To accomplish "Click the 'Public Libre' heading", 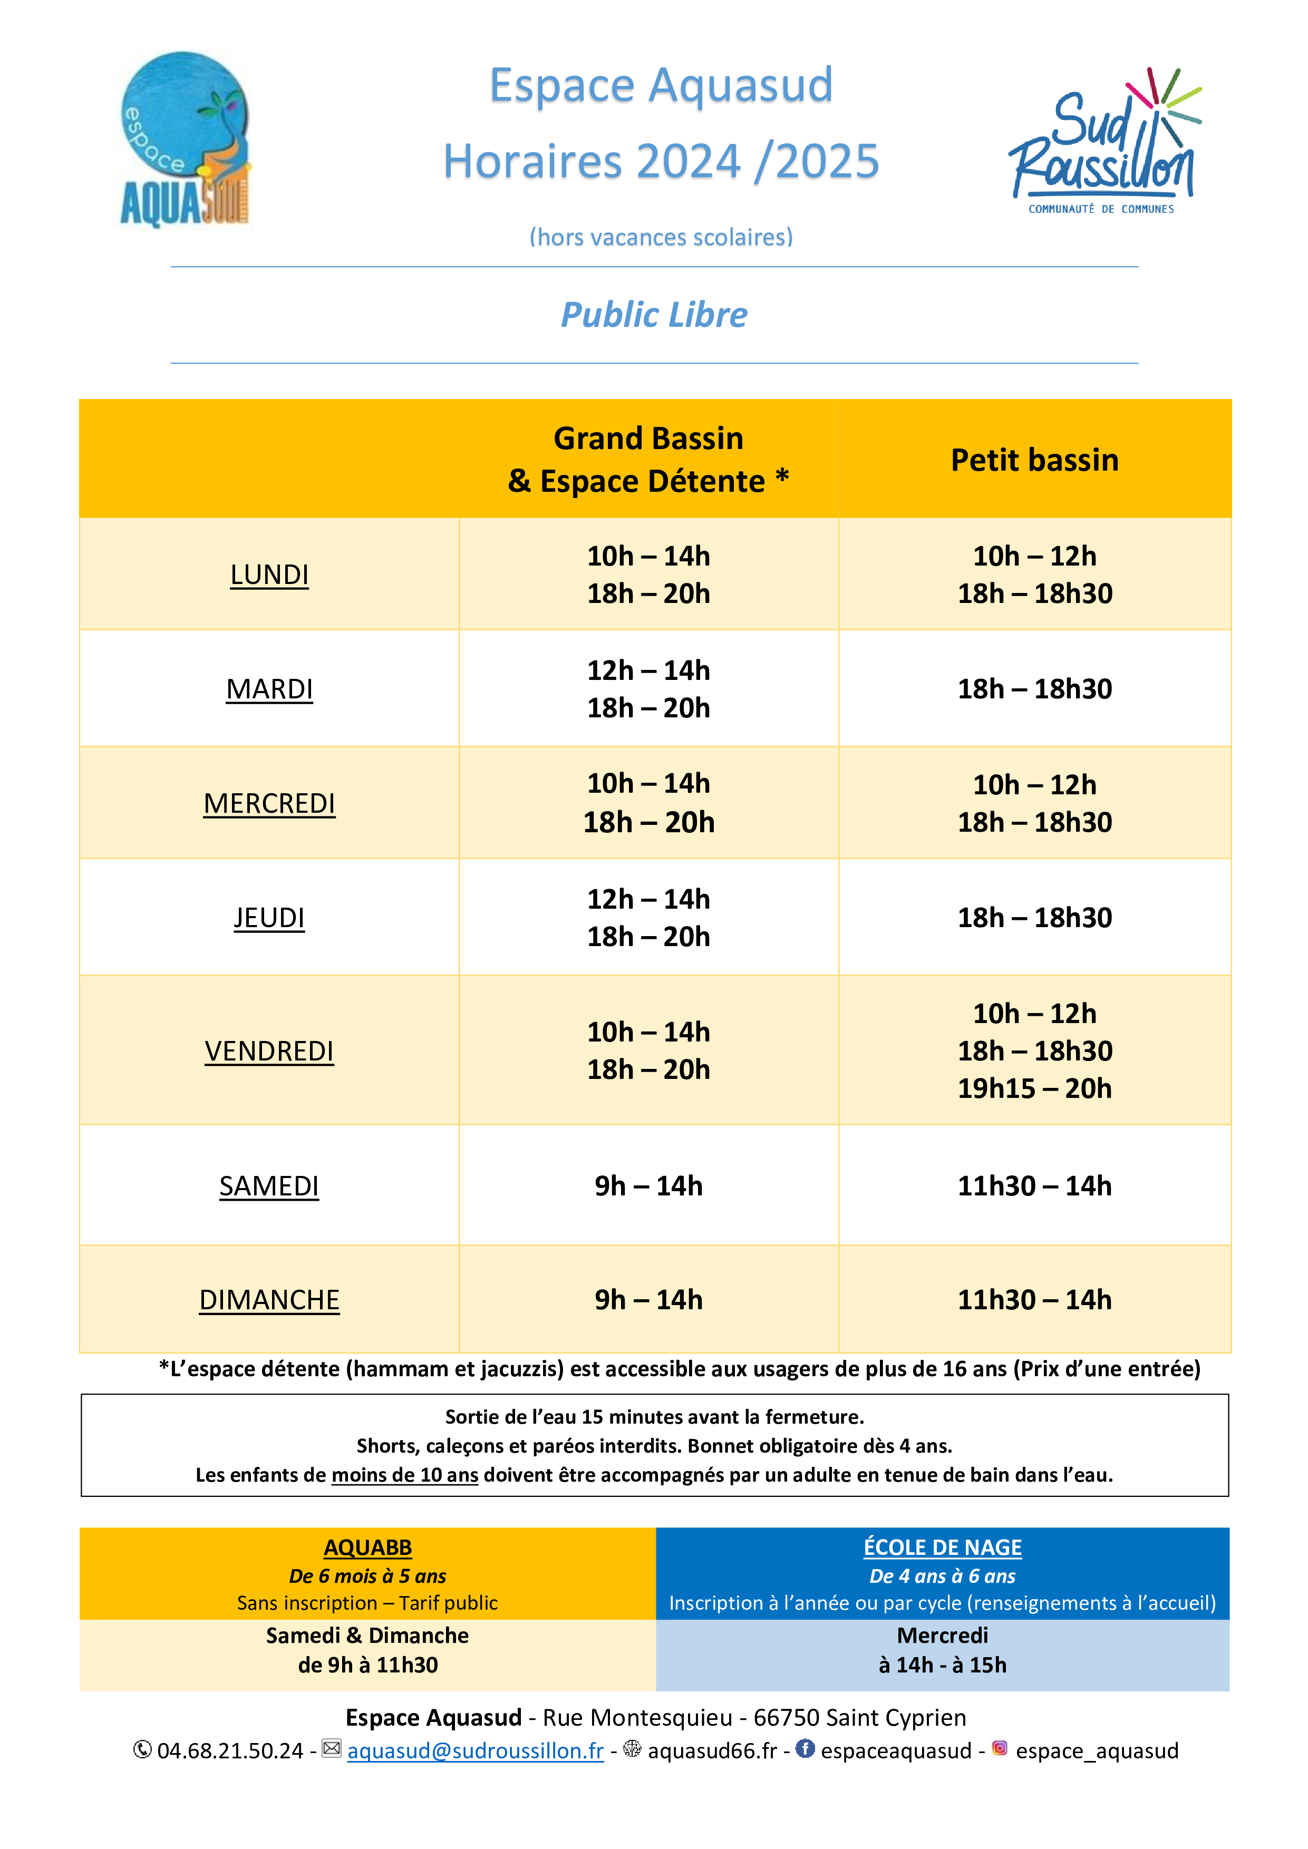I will [653, 315].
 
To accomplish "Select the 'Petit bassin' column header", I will [1034, 460].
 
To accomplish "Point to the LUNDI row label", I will [269, 575].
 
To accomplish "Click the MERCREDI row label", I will [269, 804].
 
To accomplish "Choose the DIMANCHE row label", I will [269, 1300].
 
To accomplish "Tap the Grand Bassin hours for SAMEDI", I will [648, 1186].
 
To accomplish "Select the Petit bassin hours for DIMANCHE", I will [1034, 1300].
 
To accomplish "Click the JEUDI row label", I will [269, 918].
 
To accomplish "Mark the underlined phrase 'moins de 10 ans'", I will [404, 1475].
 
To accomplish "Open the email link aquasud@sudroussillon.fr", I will [475, 1751].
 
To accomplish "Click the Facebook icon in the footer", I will [805, 1748].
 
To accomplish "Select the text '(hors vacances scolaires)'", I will [661, 237].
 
